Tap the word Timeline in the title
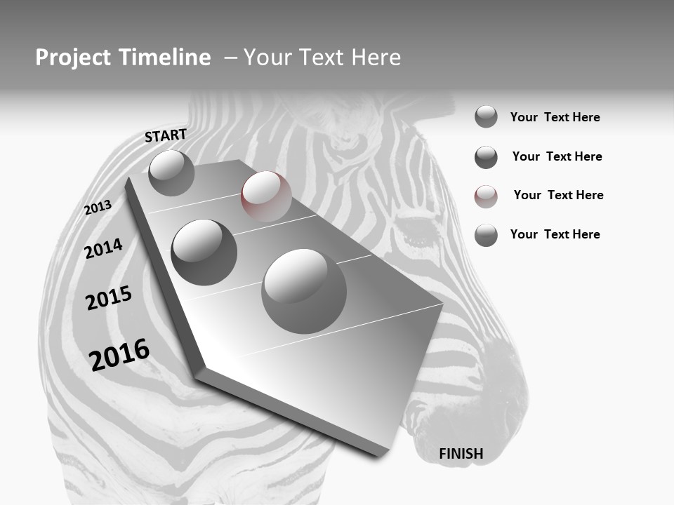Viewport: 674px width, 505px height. coord(166,58)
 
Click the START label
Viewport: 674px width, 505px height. coord(166,135)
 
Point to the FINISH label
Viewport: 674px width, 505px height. coord(461,454)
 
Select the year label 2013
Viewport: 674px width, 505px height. coord(98,208)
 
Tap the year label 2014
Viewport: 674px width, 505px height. coord(103,248)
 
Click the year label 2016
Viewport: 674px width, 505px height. coord(119,354)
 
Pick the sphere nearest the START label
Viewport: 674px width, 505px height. coord(171,173)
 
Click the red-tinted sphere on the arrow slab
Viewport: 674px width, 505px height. coord(266,196)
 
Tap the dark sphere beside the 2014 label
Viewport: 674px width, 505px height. coord(204,252)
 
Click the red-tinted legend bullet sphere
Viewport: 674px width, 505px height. coord(486,196)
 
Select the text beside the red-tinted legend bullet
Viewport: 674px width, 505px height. coord(558,195)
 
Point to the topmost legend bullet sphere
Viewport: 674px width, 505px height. coord(486,116)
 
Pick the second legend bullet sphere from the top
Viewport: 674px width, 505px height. coord(486,157)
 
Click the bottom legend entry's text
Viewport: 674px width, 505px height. coord(555,234)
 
